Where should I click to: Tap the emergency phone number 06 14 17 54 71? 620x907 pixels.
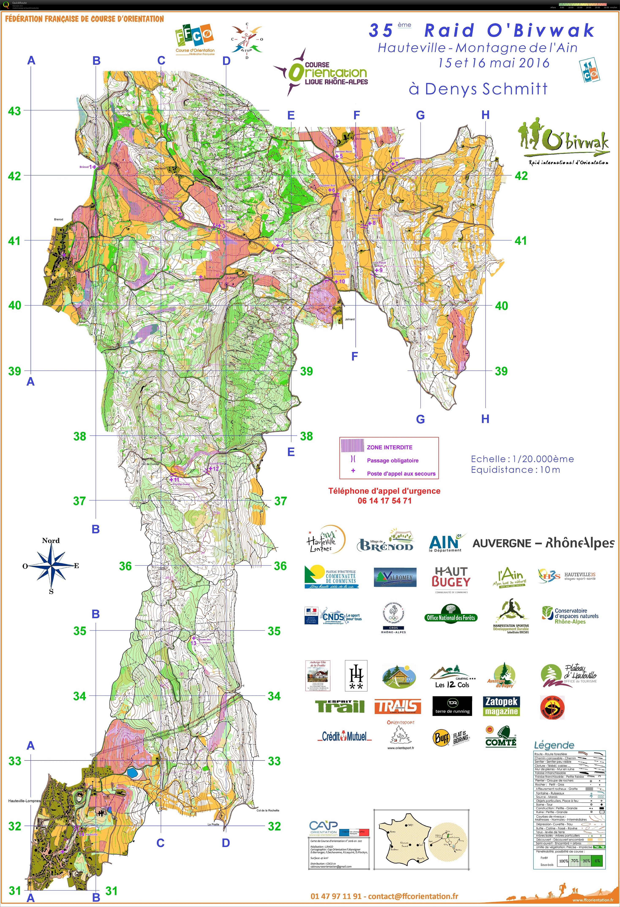point(384,501)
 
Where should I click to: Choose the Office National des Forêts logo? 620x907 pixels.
point(451,614)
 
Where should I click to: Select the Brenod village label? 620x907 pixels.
point(59,219)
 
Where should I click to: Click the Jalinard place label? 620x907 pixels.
point(350,319)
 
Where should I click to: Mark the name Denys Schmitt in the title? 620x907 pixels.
point(486,89)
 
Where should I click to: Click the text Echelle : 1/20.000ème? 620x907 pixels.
point(522,459)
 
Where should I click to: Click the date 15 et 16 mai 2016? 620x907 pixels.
point(494,63)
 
